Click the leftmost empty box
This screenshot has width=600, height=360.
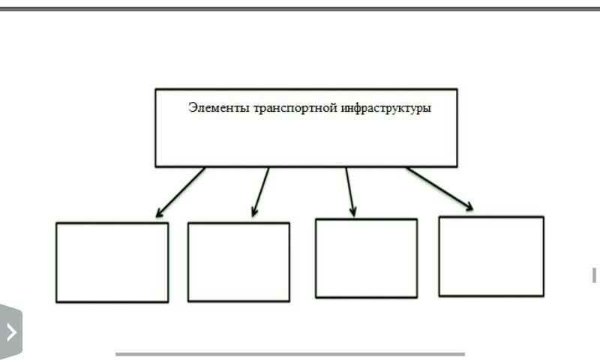click(112, 262)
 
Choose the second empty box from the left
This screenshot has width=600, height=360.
click(238, 262)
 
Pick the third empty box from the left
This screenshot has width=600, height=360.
click(366, 258)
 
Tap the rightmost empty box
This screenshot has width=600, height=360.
click(491, 256)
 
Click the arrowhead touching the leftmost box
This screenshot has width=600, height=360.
click(160, 213)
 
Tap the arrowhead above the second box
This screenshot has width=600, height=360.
click(255, 212)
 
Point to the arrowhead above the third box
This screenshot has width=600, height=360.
click(352, 212)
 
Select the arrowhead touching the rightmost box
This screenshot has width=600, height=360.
click(468, 206)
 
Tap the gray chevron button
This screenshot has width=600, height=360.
click(10, 331)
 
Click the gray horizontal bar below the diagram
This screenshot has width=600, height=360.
click(289, 354)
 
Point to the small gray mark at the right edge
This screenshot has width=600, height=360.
click(594, 274)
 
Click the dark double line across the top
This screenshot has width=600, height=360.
click(300, 8)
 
